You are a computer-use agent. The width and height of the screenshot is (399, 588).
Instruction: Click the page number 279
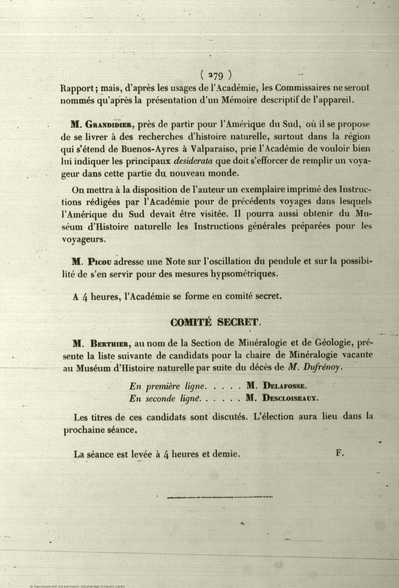[215, 75]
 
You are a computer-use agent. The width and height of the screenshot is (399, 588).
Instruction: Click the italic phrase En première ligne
[166, 386]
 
